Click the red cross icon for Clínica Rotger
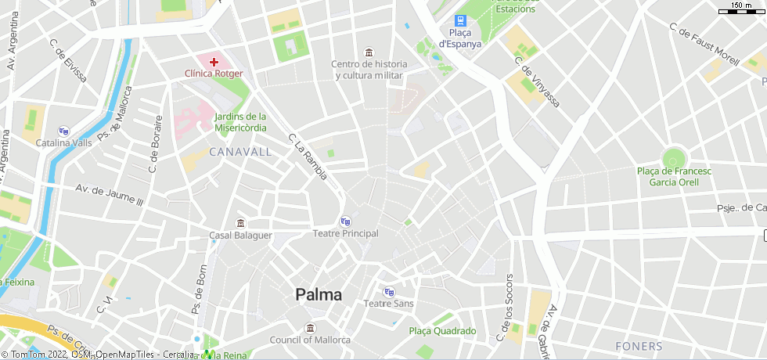coord(213,61)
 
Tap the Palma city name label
coord(319,295)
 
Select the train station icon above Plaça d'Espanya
coord(460,21)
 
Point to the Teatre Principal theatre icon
coord(345,221)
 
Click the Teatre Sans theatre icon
coord(389,292)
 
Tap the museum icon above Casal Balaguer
coord(240,223)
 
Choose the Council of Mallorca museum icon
coord(311,327)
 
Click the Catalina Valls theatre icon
coord(63,131)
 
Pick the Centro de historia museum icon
coord(369,52)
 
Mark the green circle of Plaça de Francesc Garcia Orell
coord(673,157)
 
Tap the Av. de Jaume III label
coord(110,195)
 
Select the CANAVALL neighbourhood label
coord(240,151)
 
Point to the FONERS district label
coord(639,346)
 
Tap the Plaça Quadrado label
coord(442,331)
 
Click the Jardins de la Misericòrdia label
coord(240,122)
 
